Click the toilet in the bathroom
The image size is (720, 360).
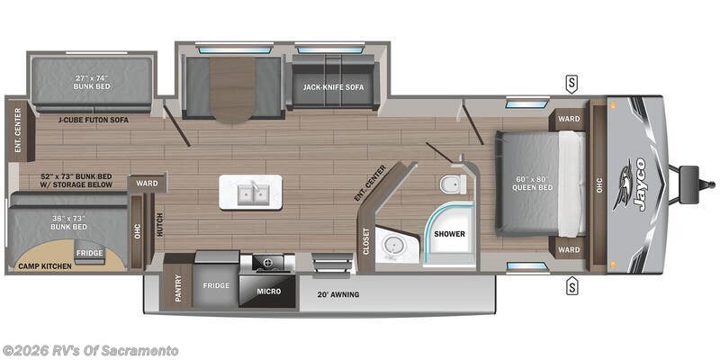(450, 184)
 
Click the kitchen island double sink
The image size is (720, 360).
(251, 192)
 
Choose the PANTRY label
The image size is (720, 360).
(178, 290)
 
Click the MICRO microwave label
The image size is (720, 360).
(268, 292)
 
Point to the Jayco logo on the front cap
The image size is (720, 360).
(635, 185)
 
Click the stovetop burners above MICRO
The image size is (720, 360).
(267, 263)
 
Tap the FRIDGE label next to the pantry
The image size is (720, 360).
(217, 286)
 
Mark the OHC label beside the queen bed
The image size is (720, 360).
(597, 186)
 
